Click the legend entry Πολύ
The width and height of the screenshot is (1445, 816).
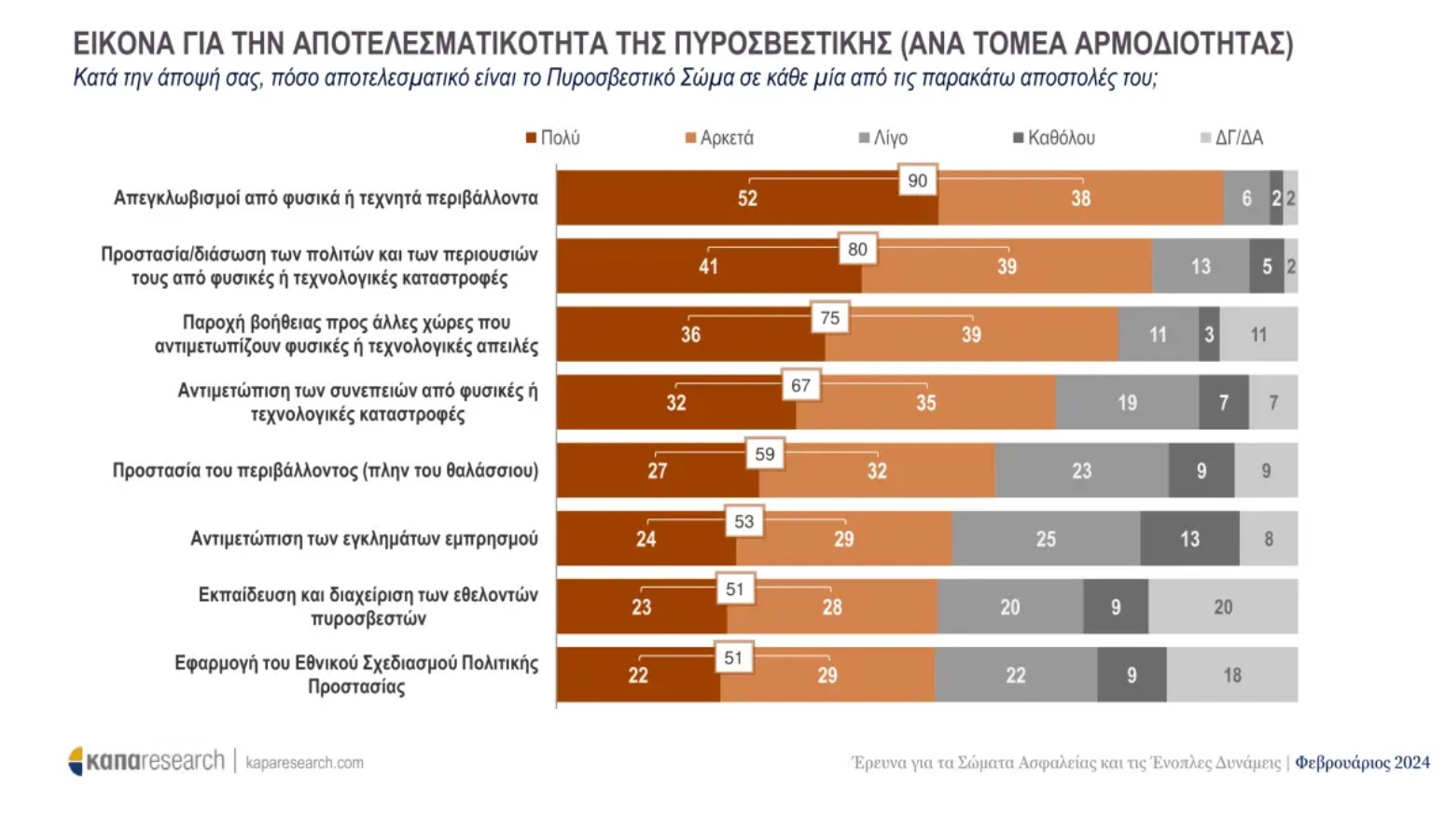553,138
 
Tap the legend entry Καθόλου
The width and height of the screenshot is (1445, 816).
1054,138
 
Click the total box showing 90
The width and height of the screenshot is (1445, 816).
918,181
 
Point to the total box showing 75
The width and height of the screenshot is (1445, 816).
829,318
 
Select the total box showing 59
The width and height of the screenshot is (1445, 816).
765,454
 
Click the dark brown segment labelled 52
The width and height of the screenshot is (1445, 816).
747,198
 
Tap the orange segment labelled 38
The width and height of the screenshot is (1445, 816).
1080,198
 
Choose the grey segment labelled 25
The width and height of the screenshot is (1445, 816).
1046,539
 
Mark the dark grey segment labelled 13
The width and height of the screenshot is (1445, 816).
1189,539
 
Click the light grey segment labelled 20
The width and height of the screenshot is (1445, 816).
1223,607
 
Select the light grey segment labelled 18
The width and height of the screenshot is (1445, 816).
1232,675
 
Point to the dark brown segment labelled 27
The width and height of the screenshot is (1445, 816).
658,471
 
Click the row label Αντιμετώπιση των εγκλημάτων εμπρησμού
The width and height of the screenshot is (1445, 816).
364,539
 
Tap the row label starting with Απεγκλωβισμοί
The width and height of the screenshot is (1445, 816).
326,198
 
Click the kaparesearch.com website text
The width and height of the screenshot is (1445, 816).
304,763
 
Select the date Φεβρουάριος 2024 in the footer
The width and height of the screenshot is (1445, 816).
1362,763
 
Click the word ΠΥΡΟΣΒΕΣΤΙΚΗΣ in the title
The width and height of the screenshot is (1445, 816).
782,44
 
